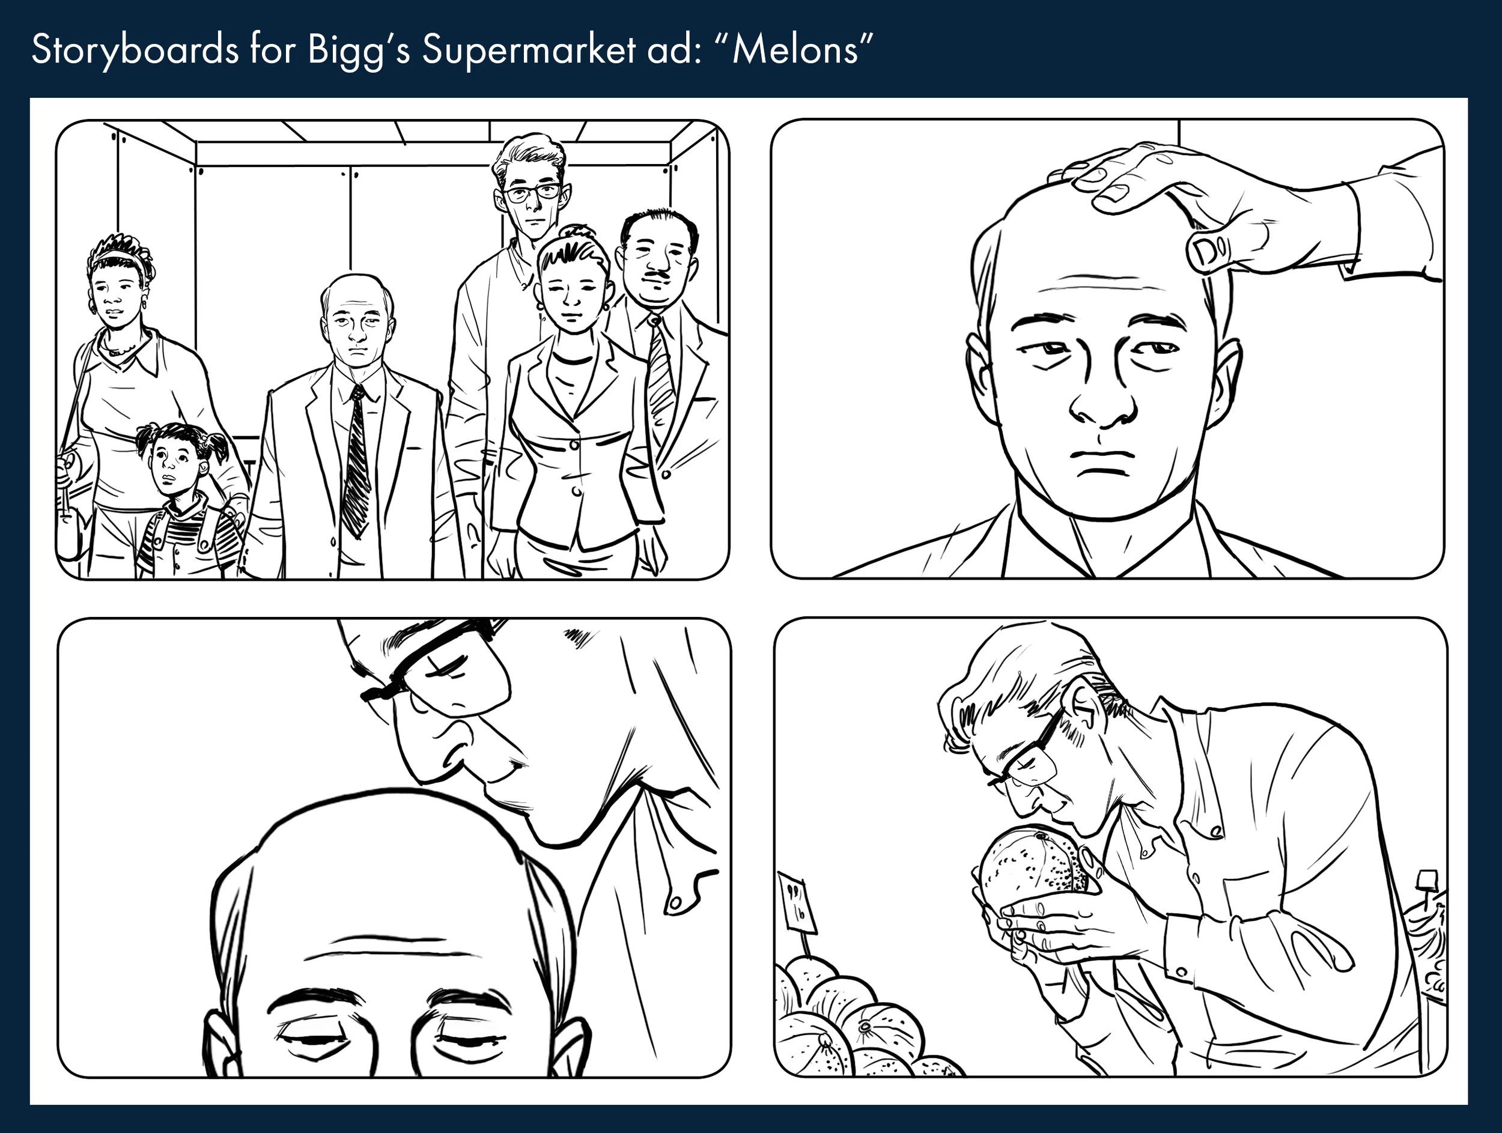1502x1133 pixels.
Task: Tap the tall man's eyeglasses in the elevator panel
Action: [533, 193]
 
